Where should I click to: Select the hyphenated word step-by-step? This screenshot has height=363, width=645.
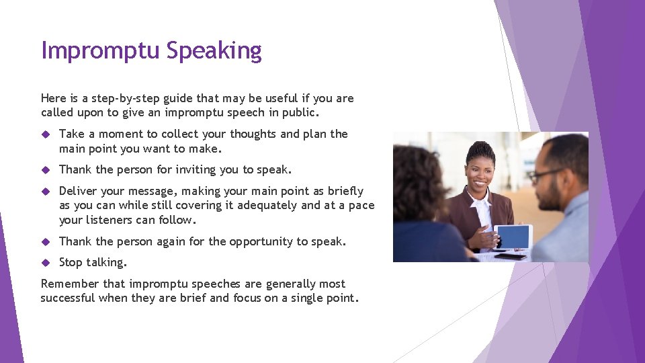pyautogui.click(x=120, y=98)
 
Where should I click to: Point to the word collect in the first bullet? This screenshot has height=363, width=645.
pyautogui.click(x=179, y=134)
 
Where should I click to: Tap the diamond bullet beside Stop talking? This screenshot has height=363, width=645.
pyautogui.click(x=46, y=262)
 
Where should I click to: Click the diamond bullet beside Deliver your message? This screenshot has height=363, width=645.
pyautogui.click(x=46, y=192)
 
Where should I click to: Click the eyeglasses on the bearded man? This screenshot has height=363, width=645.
pyautogui.click(x=543, y=175)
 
